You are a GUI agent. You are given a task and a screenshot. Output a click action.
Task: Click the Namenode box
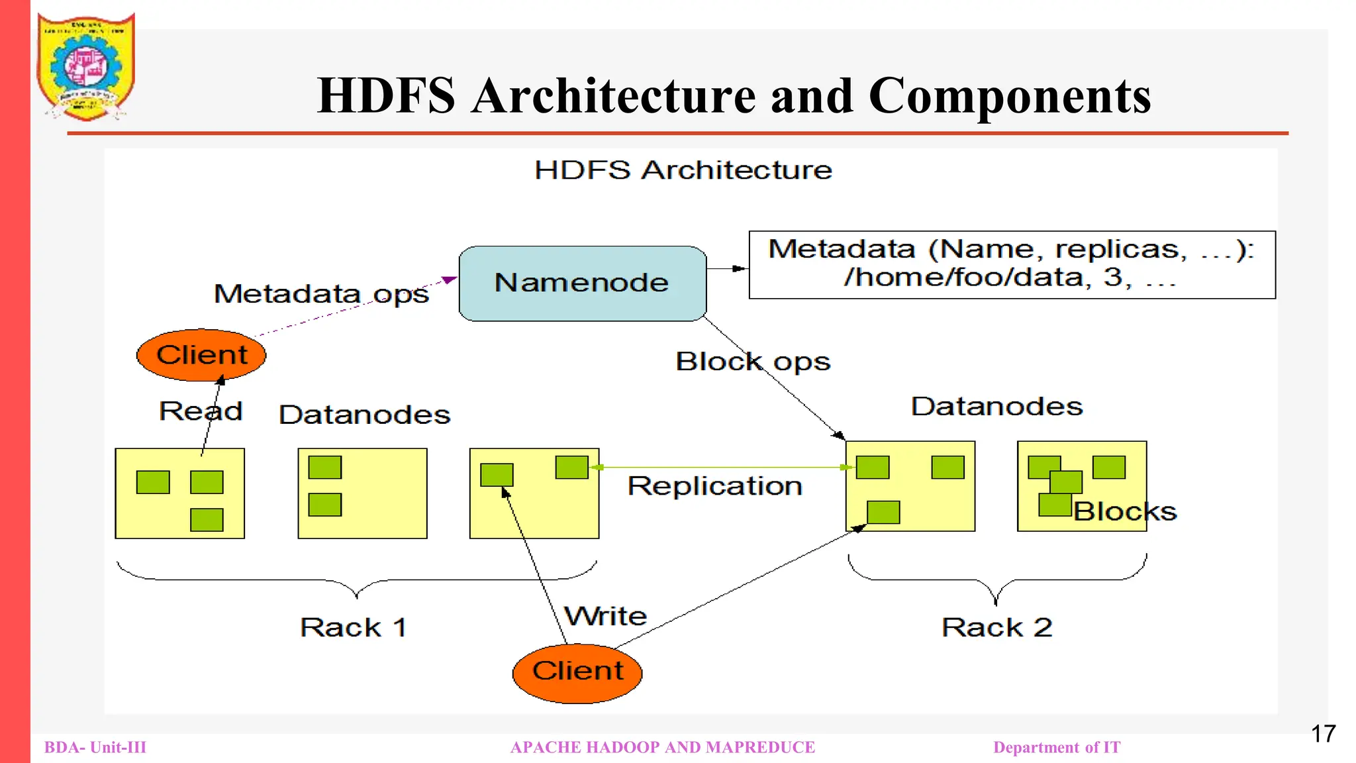pyautogui.click(x=582, y=283)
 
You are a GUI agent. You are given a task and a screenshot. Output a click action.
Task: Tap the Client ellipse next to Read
pyautogui.click(x=201, y=355)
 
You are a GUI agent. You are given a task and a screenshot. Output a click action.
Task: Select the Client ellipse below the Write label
pyautogui.click(x=577, y=672)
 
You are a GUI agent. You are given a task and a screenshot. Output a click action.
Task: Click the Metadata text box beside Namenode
pyautogui.click(x=1011, y=264)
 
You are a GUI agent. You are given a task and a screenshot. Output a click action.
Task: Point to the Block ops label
pyautogui.click(x=753, y=362)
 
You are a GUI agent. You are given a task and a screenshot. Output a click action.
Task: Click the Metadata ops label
pyautogui.click(x=322, y=293)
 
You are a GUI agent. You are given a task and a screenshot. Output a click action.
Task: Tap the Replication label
pyautogui.click(x=715, y=486)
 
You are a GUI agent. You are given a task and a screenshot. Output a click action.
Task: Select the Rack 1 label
pyautogui.click(x=354, y=627)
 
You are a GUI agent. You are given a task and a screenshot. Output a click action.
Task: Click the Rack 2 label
pyautogui.click(x=996, y=627)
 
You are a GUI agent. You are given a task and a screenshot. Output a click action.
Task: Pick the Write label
pyautogui.click(x=606, y=616)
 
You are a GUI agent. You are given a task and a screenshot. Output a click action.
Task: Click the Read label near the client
pyautogui.click(x=201, y=411)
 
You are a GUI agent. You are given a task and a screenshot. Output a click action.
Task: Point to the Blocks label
pyautogui.click(x=1125, y=511)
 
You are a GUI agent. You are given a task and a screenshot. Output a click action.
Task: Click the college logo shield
pyautogui.click(x=86, y=66)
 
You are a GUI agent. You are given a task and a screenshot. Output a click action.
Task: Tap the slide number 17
pyautogui.click(x=1323, y=734)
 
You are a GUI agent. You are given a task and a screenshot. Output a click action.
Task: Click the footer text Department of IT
pyautogui.click(x=1057, y=747)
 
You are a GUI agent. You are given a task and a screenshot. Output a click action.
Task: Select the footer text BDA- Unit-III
pyautogui.click(x=95, y=747)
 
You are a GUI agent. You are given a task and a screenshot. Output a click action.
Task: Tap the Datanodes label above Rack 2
pyautogui.click(x=996, y=406)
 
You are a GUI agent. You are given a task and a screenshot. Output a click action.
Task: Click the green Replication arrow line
pyautogui.click(x=722, y=468)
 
